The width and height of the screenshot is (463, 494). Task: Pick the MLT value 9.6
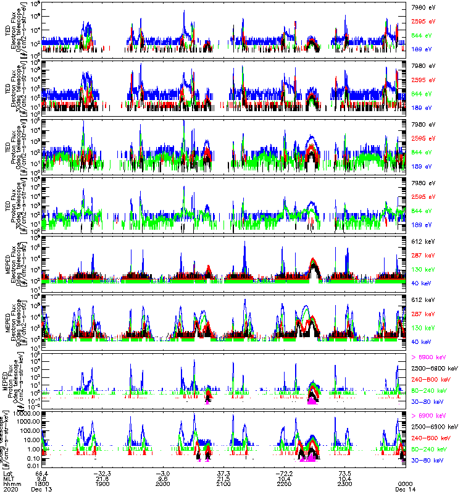point(163,477)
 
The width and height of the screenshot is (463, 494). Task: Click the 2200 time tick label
point(283,484)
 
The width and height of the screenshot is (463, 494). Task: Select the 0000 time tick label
point(404,484)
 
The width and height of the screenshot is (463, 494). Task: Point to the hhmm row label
point(10,484)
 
